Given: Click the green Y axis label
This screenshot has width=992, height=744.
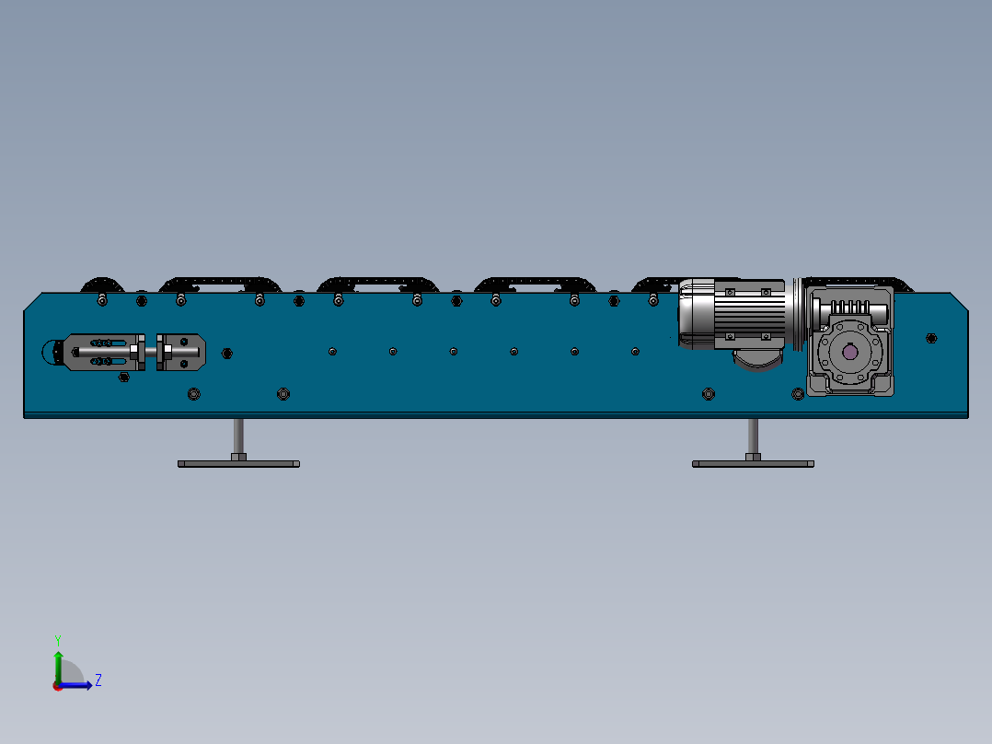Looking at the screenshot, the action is pos(58,640).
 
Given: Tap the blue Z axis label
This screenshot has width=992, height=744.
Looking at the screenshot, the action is pos(98,680).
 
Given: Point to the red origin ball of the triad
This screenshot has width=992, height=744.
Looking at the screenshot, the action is pos(58,686).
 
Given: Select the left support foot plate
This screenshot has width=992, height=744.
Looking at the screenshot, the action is pos(238,464).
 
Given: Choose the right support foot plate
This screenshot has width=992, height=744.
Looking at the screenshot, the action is pos(753,464).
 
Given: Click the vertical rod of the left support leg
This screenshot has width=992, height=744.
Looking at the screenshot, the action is pos(238,436).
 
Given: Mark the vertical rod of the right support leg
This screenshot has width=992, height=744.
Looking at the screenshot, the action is pos(753,436).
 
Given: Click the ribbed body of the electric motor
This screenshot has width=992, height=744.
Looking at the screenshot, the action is pos(750,313).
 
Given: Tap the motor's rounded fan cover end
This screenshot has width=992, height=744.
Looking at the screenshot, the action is pos(696,313).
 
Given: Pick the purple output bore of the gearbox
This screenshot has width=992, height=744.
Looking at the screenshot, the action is pos(849,352).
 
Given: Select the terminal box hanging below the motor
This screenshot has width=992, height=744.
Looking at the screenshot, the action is pos(758,358).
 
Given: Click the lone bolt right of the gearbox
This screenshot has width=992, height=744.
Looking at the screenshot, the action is pos(931,338).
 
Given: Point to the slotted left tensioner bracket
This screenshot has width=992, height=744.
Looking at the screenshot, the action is pos(103,352).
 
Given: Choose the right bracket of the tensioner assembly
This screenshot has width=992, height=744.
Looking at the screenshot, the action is pos(181,352).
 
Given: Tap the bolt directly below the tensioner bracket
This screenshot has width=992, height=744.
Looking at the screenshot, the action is pos(124,378).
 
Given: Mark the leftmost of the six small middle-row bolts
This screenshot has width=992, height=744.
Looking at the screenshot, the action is pos(333,352).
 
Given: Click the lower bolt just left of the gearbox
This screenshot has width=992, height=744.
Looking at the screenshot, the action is pos(798,394).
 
